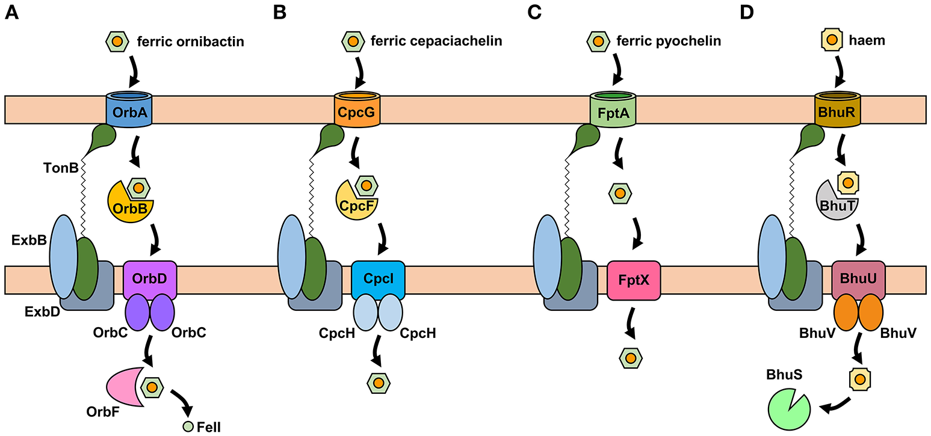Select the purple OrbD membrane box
click(x=149, y=280)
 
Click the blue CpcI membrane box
click(x=377, y=280)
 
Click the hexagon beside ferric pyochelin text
click(x=597, y=41)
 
